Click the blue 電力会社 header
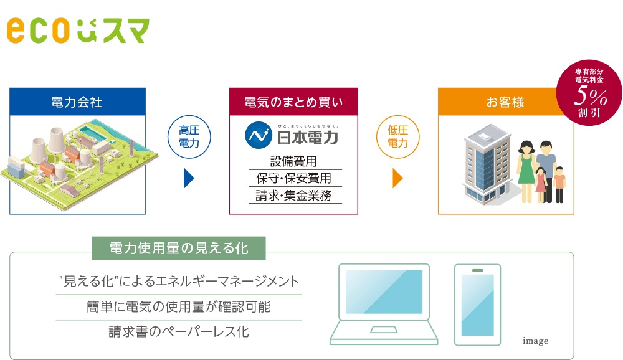[77, 102]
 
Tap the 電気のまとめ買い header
[293, 102]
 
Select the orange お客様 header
[505, 102]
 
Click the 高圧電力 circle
[189, 136]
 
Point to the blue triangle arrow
[189, 178]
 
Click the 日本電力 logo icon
[256, 135]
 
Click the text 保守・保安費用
[293, 178]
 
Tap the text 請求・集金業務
[293, 196]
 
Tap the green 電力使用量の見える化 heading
[179, 249]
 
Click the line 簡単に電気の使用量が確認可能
[179, 306]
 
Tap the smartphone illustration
[477, 305]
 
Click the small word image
[535, 341]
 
